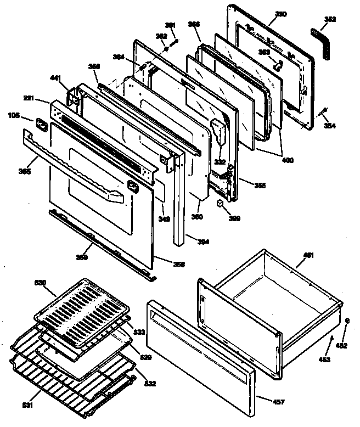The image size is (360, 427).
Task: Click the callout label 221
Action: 29,99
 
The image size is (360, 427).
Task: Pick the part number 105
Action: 13,116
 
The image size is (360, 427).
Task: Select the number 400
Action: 286,161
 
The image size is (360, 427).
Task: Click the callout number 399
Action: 234,219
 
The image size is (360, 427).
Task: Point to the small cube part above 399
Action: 220,204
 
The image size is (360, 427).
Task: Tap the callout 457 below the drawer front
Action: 279,403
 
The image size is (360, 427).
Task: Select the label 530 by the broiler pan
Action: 41,283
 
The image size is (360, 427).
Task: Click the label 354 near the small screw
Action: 329,126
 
